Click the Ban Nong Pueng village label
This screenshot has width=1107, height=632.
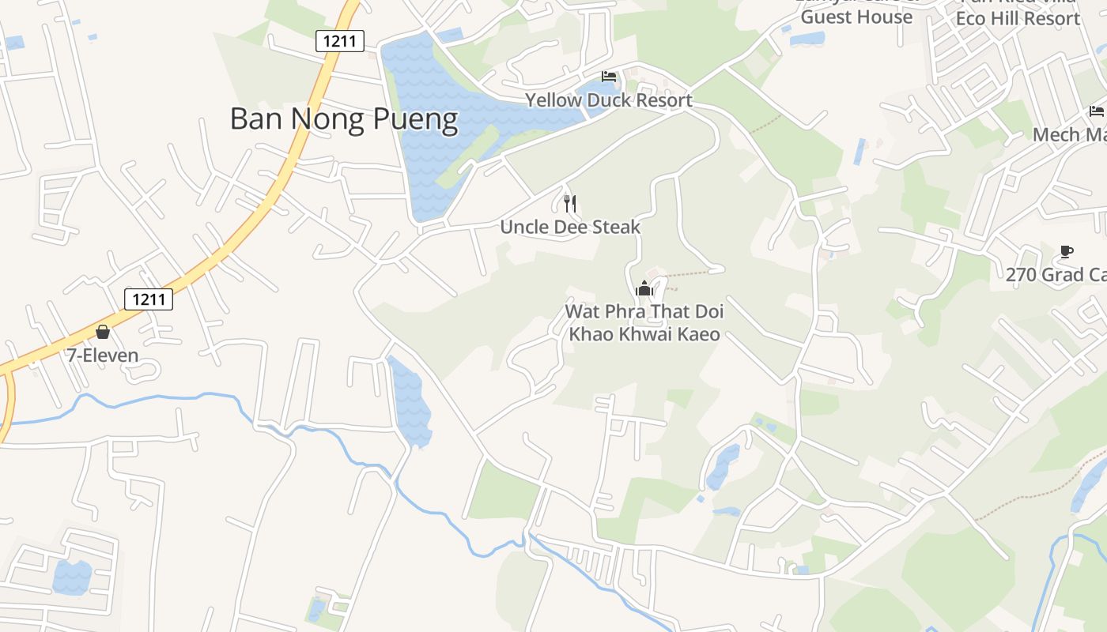point(344,119)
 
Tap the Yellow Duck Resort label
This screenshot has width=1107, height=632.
point(609,100)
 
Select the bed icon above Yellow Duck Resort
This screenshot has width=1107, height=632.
point(609,77)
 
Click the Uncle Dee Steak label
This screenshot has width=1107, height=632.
point(570,228)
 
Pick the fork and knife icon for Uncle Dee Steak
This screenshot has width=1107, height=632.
point(570,204)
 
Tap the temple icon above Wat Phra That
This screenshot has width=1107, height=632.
point(644,288)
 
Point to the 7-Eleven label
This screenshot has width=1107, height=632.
point(103,355)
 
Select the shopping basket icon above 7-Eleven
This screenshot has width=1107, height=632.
point(103,332)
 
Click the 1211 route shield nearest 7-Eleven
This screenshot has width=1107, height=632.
point(148,299)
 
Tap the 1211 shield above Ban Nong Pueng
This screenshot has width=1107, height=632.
point(339,41)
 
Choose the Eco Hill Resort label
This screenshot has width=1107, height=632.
point(1018,18)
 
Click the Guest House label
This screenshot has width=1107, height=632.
point(856,17)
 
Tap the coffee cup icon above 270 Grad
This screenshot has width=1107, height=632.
point(1067,252)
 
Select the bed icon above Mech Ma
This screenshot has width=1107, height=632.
point(1096,111)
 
